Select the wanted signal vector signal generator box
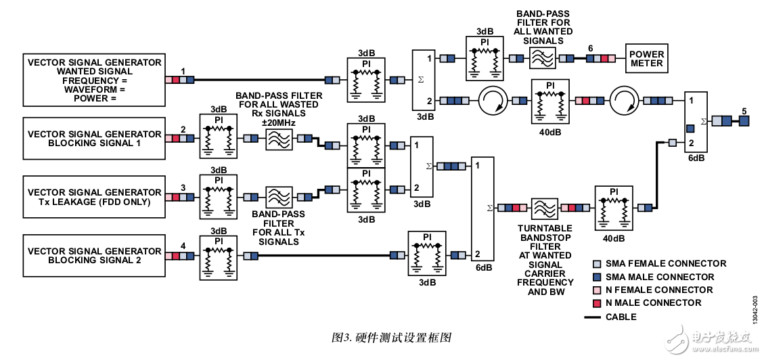pyautogui.click(x=94, y=80)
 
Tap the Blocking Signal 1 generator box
pyautogui.click(x=94, y=139)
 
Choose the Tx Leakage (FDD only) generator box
pyautogui.click(x=94, y=197)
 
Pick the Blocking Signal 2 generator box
pyautogui.click(x=94, y=256)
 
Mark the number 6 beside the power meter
pyautogui.click(x=591, y=48)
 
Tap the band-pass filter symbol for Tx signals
pyautogui.click(x=279, y=198)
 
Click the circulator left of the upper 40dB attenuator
pyautogui.click(x=492, y=101)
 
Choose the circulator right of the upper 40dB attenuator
pyautogui.click(x=623, y=101)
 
